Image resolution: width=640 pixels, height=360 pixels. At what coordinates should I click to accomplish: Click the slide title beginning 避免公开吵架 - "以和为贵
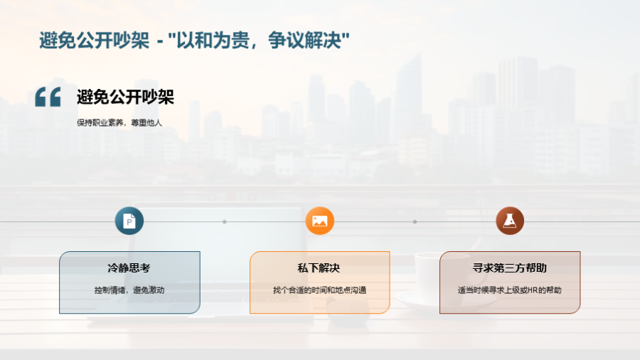[x=194, y=41]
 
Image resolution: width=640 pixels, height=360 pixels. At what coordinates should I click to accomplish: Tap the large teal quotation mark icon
[x=48, y=97]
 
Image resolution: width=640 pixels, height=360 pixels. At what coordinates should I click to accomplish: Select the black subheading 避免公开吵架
[x=125, y=97]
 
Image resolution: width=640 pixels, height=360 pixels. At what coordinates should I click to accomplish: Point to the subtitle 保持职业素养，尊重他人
[x=119, y=122]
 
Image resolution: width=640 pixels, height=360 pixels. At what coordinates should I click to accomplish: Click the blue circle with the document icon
[x=129, y=221]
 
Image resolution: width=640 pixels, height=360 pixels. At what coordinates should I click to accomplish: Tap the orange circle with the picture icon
[x=319, y=221]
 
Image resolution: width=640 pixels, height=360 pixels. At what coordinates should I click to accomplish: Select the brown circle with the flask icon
[x=510, y=221]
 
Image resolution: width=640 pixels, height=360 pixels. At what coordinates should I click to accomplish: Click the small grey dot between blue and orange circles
[x=225, y=222]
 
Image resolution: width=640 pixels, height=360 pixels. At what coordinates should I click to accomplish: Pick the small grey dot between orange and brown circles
[x=415, y=222]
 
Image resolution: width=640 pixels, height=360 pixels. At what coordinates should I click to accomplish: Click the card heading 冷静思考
[x=129, y=268]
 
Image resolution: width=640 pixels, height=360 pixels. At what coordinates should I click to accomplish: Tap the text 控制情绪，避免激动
[x=129, y=290]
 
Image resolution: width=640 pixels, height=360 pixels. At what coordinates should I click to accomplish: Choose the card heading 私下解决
[x=319, y=268]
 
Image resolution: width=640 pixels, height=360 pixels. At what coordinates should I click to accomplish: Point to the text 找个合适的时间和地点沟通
[x=319, y=290]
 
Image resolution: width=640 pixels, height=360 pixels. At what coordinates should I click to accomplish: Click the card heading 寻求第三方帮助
[x=509, y=268]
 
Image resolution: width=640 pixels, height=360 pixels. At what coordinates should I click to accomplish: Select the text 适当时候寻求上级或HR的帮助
[x=509, y=290]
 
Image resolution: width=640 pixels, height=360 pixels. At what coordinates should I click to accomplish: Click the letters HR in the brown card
[x=533, y=290]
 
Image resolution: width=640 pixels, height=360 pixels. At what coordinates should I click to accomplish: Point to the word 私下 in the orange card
[x=308, y=268]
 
